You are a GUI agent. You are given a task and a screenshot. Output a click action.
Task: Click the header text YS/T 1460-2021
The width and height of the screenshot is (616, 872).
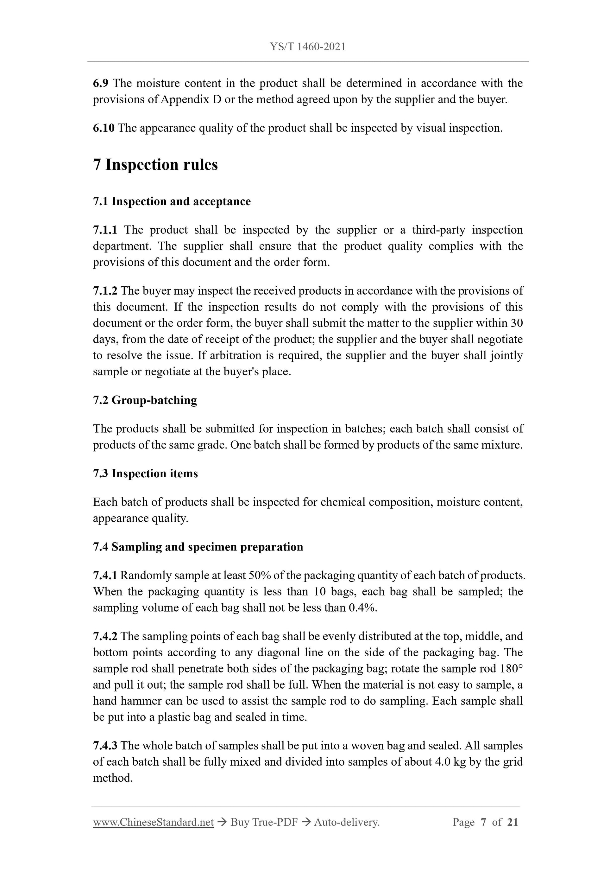coord(307,47)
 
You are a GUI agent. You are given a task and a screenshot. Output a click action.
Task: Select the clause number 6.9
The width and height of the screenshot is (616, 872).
coord(101,83)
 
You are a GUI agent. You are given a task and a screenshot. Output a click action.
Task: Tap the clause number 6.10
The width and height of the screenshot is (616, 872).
coord(103,128)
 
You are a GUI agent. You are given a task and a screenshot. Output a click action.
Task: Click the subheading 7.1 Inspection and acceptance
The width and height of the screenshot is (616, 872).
coord(172,201)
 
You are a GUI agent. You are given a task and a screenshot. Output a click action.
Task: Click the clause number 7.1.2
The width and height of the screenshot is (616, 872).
coord(105,290)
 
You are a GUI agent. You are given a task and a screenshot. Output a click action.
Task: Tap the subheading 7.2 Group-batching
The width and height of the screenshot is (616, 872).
coord(145,400)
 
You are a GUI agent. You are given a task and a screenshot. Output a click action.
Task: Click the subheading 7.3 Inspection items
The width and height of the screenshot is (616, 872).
coord(145,474)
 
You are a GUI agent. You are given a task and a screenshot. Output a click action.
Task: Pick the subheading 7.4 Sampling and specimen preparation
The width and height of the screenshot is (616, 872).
coord(198,547)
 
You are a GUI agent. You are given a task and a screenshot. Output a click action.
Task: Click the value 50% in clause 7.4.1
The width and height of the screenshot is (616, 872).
coord(259,576)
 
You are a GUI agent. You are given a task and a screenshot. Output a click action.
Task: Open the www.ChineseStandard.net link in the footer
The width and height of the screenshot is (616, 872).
coord(153,822)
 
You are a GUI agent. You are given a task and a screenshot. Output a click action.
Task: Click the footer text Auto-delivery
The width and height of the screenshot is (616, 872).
coord(347,822)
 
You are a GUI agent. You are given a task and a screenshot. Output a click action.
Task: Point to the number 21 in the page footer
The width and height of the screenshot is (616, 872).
coord(512,822)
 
